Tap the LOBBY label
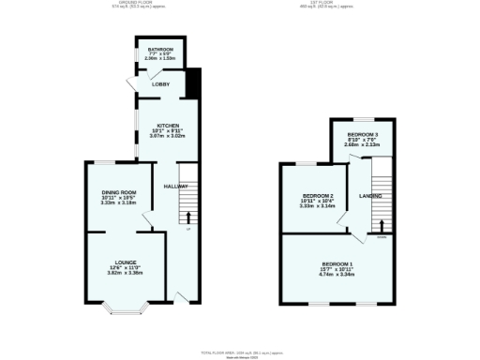point(148,84)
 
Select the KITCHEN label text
point(168,125)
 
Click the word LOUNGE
point(127,262)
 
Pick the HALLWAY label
point(176,186)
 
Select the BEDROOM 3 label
point(361,135)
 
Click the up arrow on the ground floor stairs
point(187,217)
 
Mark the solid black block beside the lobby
point(193,83)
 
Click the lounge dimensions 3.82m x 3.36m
point(127,273)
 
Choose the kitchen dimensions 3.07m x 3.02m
point(168,136)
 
